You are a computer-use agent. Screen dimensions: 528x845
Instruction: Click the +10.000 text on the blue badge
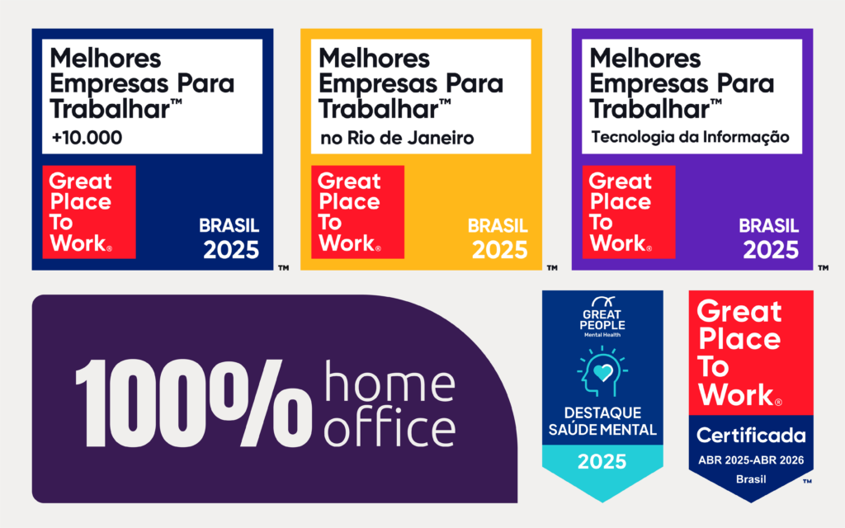tap(86, 138)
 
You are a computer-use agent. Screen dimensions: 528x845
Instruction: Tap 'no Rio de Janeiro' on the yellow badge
tap(397, 138)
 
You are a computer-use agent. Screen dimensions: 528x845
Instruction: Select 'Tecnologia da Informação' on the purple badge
tap(690, 137)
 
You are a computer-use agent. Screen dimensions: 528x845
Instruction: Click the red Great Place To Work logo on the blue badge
tap(88, 212)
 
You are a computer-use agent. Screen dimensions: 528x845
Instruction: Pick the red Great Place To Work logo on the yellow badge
tap(357, 212)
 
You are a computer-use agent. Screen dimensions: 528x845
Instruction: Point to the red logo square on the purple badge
tap(629, 212)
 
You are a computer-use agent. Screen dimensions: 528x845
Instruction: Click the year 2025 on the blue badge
tap(231, 250)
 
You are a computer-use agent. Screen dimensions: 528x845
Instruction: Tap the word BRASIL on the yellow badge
tap(498, 226)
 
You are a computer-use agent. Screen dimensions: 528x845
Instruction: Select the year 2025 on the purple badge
tap(771, 250)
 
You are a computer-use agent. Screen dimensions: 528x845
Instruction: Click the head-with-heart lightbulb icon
tap(602, 373)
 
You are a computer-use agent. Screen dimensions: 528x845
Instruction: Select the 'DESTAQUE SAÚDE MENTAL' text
tap(602, 421)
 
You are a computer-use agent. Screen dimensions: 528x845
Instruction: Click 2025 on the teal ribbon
tap(602, 462)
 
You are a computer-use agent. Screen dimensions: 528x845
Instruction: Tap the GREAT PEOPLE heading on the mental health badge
tap(602, 319)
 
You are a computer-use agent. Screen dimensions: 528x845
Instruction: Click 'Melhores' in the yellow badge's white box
tap(374, 59)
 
